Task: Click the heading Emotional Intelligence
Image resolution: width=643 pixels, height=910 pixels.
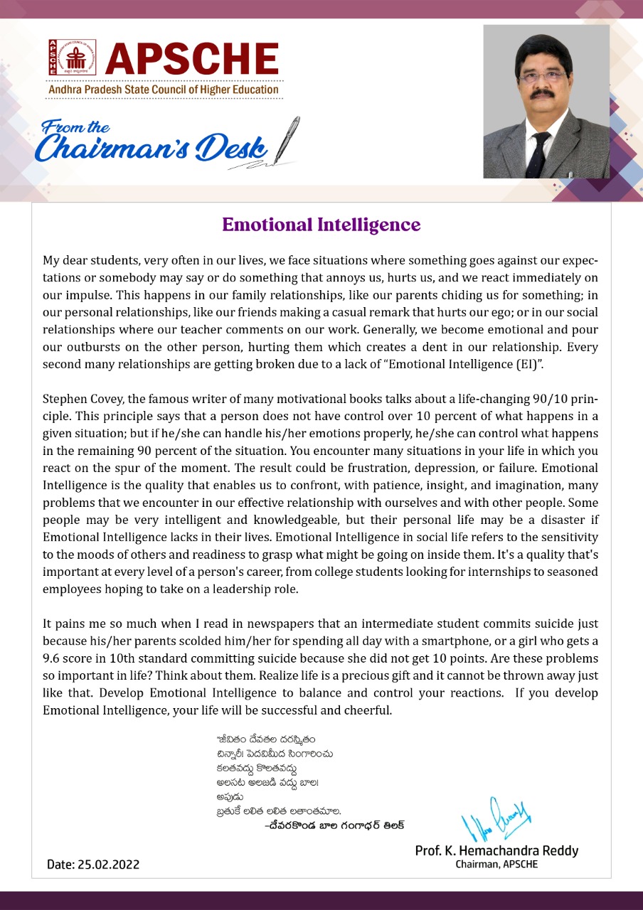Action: pyautogui.click(x=321, y=225)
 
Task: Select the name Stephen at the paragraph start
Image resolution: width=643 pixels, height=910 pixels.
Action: pyautogui.click(x=65, y=399)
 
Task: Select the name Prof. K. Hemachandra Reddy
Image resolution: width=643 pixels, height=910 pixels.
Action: pyautogui.click(x=496, y=850)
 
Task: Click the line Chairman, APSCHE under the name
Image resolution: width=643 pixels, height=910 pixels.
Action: pyautogui.click(x=496, y=864)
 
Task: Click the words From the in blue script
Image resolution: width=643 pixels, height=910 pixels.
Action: pyautogui.click(x=76, y=128)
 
